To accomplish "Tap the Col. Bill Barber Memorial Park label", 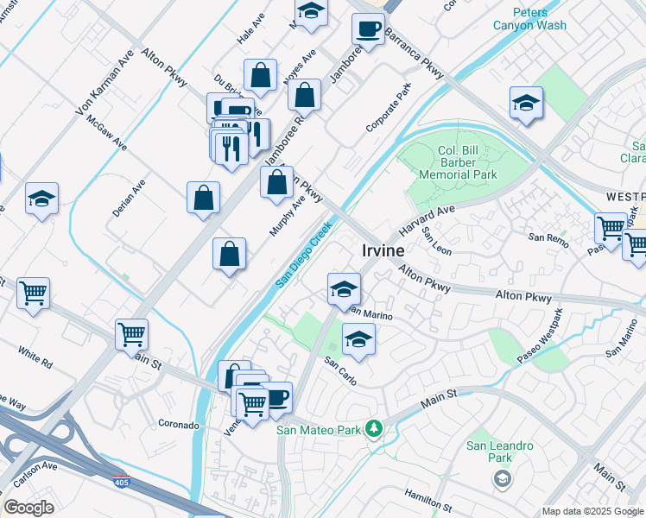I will [x=458, y=161].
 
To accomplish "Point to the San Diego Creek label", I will [x=304, y=255].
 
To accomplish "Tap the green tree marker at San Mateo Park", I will [x=373, y=428].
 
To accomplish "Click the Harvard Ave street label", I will [x=427, y=222].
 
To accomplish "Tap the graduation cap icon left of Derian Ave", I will [x=41, y=199].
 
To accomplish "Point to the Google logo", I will [x=28, y=507].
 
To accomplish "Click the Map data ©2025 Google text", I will [x=592, y=511].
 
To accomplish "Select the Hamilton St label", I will [x=427, y=499].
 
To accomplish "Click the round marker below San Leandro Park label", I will [x=501, y=477].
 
